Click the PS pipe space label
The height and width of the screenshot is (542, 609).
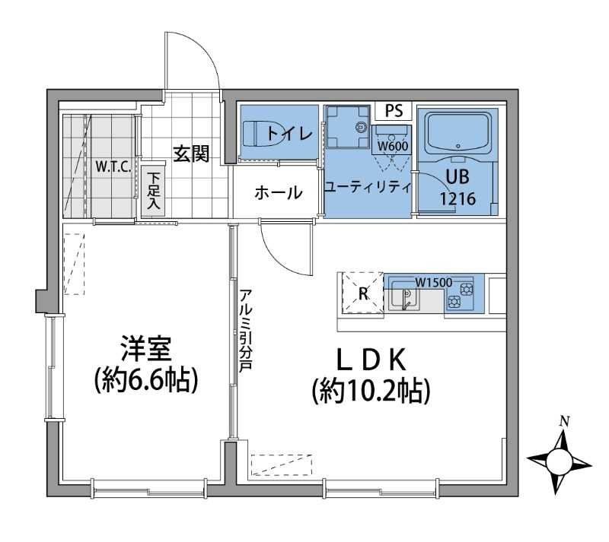tap(394, 111)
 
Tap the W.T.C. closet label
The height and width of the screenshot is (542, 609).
tap(113, 166)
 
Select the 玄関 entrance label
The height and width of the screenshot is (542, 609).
tap(190, 154)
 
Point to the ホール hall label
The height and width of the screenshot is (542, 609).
tap(278, 192)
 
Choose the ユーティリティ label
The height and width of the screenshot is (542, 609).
tap(368, 187)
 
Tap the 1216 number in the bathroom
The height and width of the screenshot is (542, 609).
tap(458, 199)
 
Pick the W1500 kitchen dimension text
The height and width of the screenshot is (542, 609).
tap(433, 282)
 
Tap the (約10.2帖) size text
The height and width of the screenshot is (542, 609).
tap(371, 390)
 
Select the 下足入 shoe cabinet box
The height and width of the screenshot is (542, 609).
tap(152, 190)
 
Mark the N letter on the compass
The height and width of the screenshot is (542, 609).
tap(563, 420)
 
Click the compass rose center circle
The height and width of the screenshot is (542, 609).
tap(560, 460)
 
